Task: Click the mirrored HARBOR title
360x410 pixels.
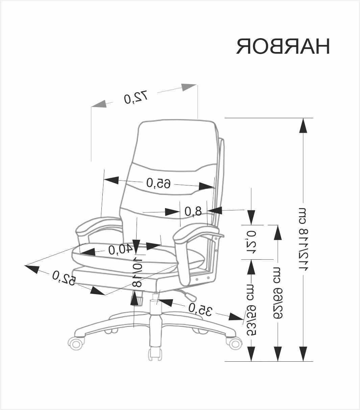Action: click(x=283, y=46)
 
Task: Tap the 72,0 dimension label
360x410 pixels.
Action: click(x=136, y=97)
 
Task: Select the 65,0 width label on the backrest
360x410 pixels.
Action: click(x=159, y=183)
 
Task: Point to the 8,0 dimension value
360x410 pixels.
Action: click(x=193, y=211)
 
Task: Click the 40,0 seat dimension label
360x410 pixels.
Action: click(x=120, y=250)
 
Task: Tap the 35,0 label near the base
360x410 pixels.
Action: click(x=200, y=309)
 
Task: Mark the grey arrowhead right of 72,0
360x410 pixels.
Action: click(x=189, y=87)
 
